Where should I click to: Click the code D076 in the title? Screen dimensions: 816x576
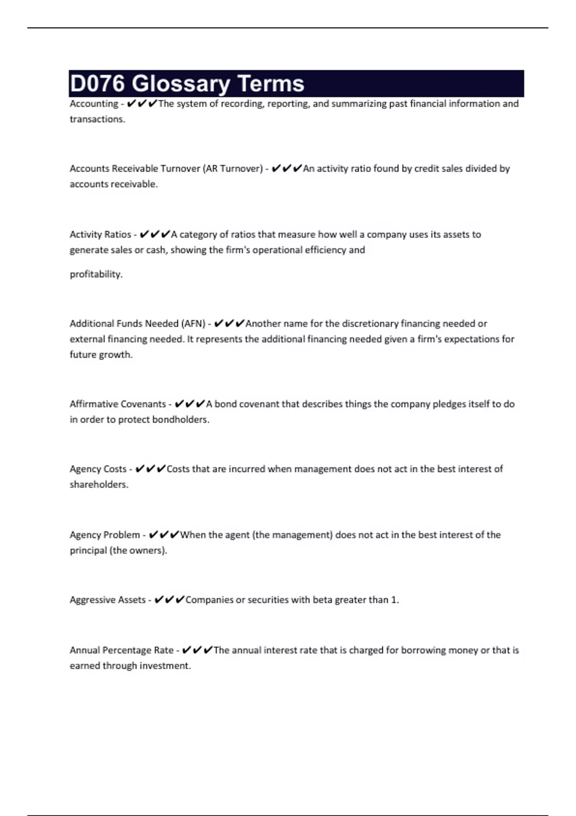coord(97,84)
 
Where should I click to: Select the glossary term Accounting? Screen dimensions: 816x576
coord(94,104)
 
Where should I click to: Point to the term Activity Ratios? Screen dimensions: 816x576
coord(100,235)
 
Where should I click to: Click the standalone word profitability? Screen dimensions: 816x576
coord(96,274)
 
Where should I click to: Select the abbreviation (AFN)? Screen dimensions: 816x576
coord(193,324)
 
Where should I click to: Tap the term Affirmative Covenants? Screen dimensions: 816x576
coord(118,404)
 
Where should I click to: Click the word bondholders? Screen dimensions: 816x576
coord(180,420)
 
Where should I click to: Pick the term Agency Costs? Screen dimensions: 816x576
coord(98,469)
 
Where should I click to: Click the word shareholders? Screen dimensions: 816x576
coord(99,484)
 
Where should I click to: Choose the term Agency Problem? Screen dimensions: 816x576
coord(105,535)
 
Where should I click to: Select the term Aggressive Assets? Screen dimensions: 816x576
coord(108,600)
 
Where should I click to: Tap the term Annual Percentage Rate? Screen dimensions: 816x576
coord(121,650)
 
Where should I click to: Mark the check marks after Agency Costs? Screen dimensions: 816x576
coord(150,468)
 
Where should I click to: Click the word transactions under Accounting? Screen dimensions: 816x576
coord(97,119)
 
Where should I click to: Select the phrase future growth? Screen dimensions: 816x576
coord(101,355)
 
